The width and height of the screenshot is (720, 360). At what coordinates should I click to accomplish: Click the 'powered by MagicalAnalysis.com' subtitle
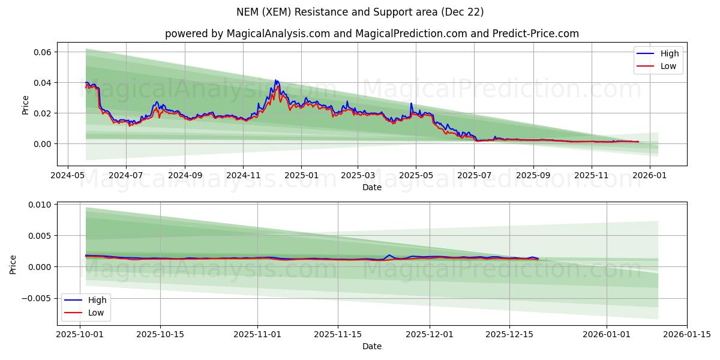[372, 34]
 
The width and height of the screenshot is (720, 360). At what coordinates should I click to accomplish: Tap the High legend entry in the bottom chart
[96, 300]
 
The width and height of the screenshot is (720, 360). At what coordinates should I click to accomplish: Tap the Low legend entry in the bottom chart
[95, 313]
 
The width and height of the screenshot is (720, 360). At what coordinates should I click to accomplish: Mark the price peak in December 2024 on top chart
[276, 80]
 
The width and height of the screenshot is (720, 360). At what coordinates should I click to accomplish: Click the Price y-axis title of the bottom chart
[13, 264]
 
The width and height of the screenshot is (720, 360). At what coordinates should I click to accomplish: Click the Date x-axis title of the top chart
[372, 188]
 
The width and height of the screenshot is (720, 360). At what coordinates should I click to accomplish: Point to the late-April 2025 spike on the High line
[411, 104]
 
